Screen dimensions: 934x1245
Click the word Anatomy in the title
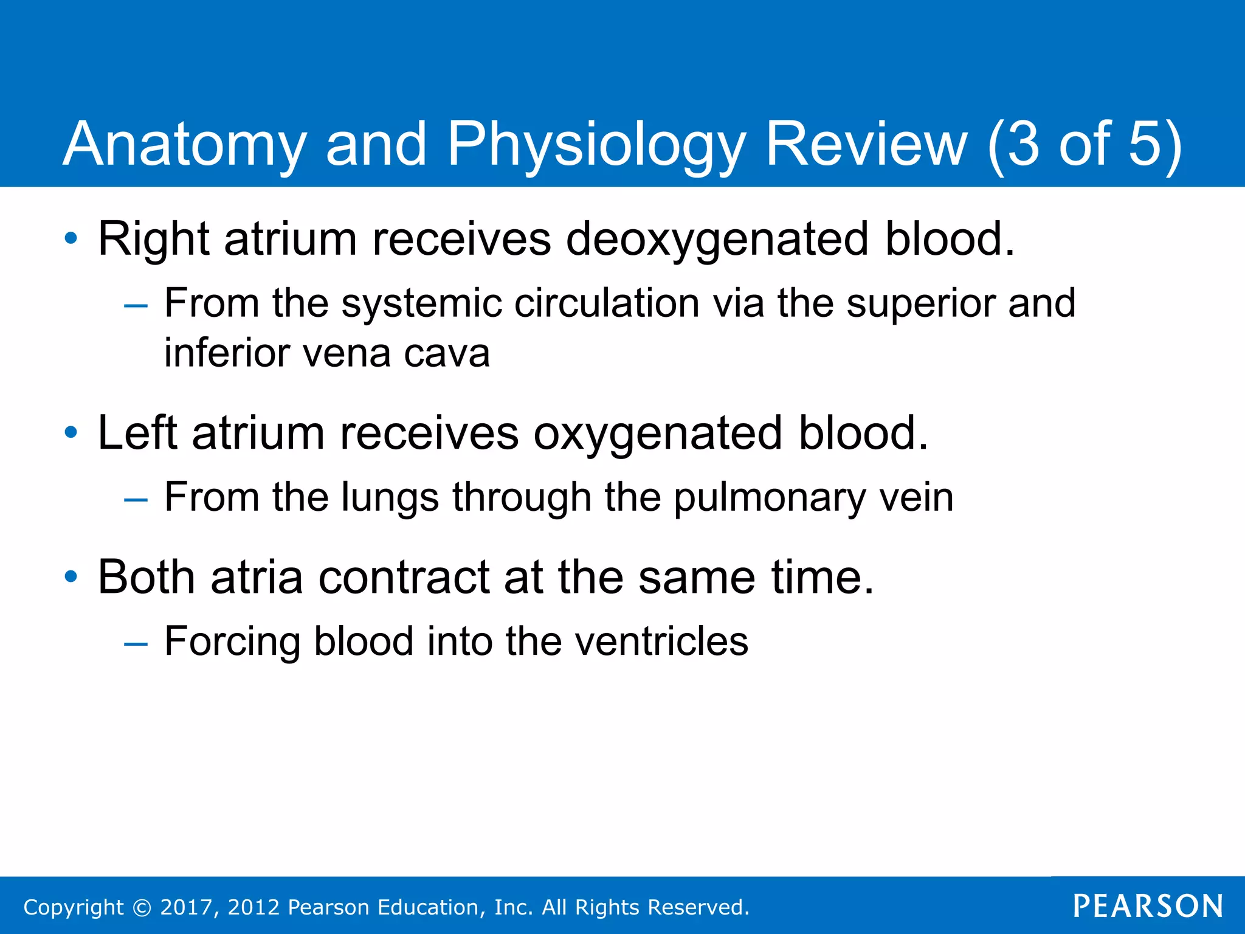[184, 145]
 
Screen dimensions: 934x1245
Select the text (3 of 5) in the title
[1085, 145]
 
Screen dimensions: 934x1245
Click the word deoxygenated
[717, 239]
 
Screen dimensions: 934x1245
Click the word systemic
[421, 303]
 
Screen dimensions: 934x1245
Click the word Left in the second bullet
[137, 433]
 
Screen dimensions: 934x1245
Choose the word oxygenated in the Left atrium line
[657, 434]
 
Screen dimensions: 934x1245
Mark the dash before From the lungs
[136, 499]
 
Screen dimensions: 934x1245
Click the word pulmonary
[769, 497]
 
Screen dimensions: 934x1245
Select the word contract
[404, 577]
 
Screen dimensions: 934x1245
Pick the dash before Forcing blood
[136, 643]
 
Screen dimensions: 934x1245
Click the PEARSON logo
[1148, 906]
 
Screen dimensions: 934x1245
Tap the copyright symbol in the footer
[142, 908]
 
